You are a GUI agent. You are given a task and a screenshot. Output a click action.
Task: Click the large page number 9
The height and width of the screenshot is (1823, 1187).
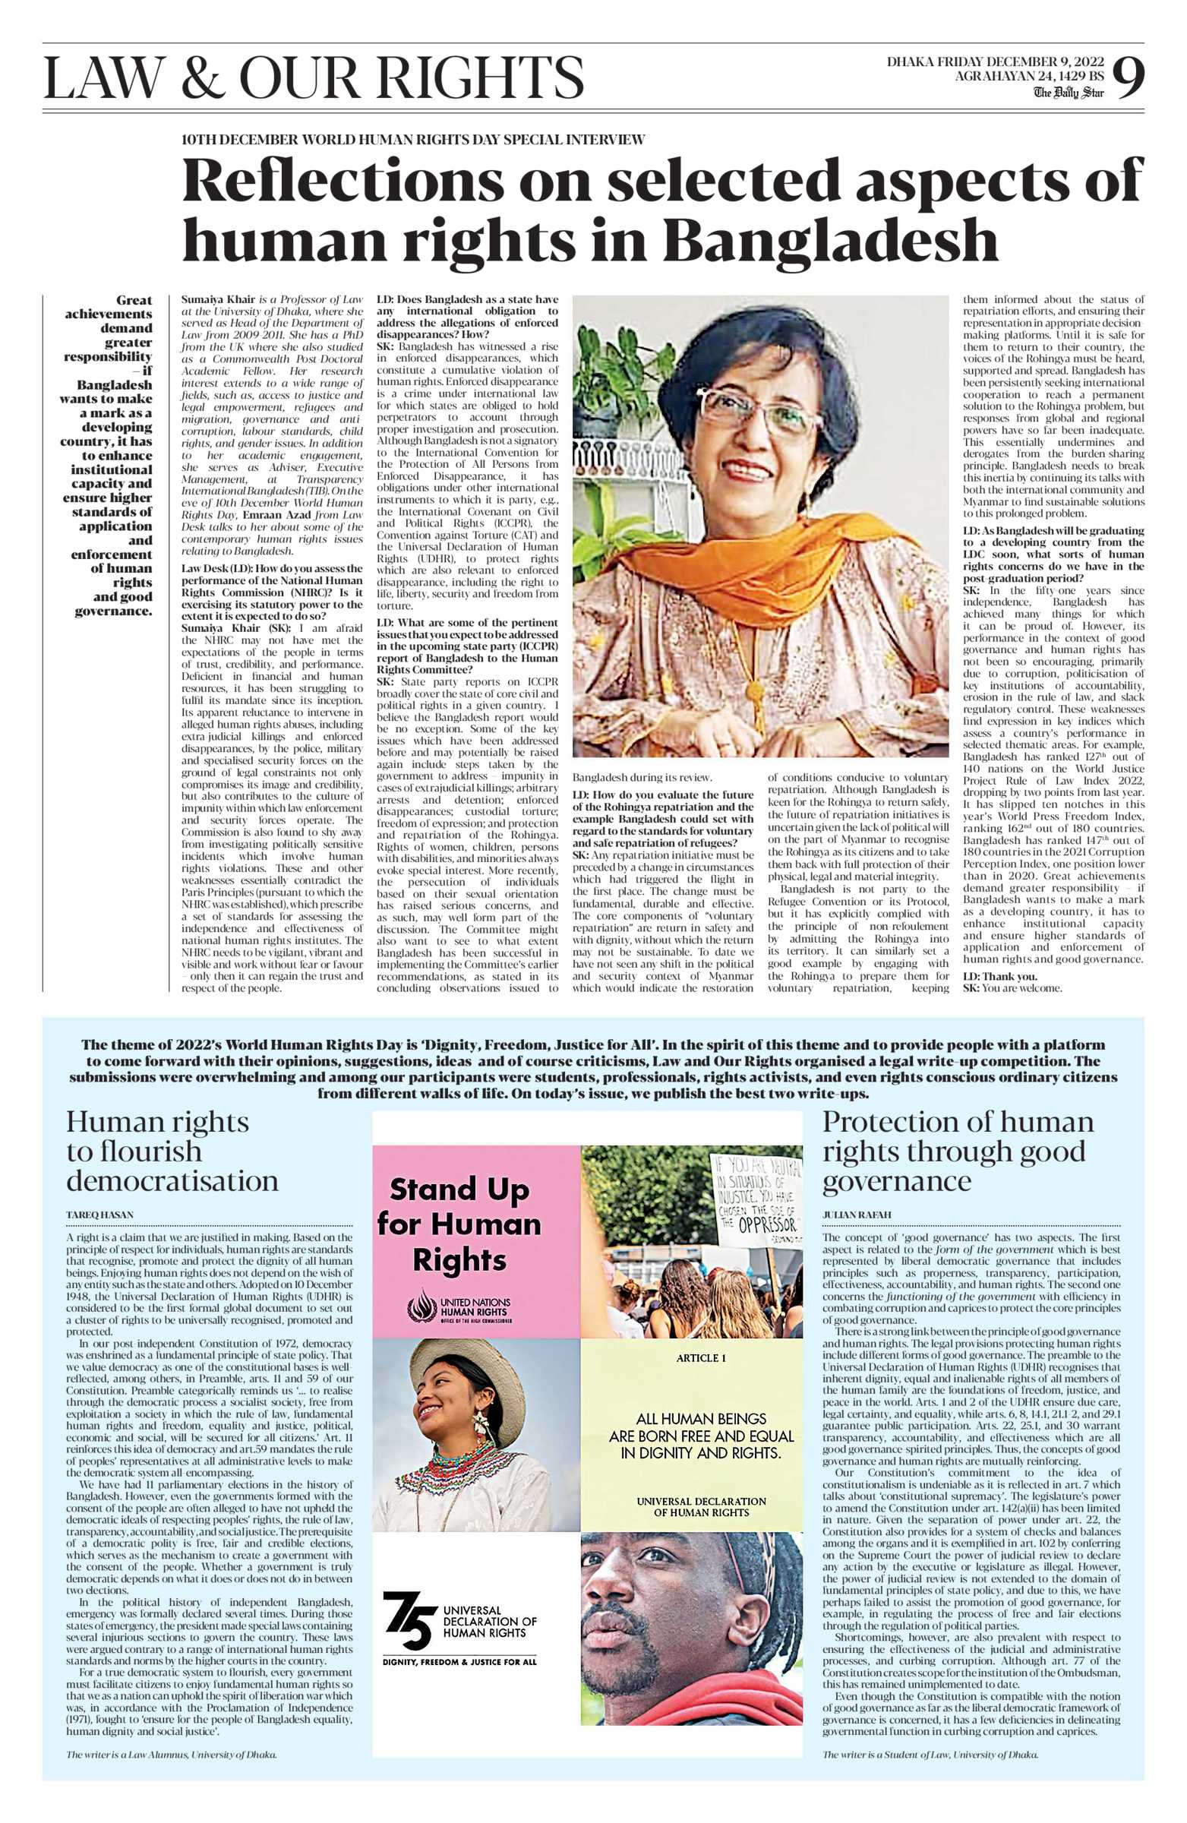pos(1127,78)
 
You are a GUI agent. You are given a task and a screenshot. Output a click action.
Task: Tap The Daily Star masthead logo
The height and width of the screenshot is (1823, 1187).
pos(1069,93)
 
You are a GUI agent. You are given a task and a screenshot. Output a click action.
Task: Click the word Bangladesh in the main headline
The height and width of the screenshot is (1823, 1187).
pos(830,241)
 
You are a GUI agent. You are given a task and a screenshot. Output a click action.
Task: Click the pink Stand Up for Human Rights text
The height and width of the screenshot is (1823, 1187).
pos(459,1224)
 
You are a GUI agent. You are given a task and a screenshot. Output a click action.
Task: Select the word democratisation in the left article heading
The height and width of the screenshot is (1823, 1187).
pos(172,1181)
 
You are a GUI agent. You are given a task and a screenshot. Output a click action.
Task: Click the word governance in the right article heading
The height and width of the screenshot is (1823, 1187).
pos(896,1181)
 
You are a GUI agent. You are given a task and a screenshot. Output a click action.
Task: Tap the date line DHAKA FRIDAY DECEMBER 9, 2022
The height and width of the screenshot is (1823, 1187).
pos(995,62)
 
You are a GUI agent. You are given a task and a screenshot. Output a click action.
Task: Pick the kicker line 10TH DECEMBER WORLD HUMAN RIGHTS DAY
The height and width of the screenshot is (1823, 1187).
pos(414,141)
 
